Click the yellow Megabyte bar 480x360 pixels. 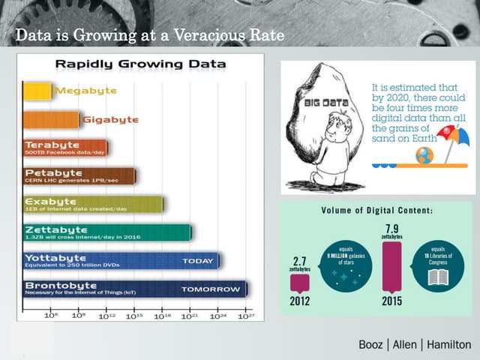(x=37, y=91)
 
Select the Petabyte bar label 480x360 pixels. (x=49, y=172)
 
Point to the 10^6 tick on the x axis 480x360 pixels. (x=50, y=316)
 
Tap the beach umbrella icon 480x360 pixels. (x=451, y=136)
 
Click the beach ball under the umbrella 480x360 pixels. (x=425, y=155)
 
